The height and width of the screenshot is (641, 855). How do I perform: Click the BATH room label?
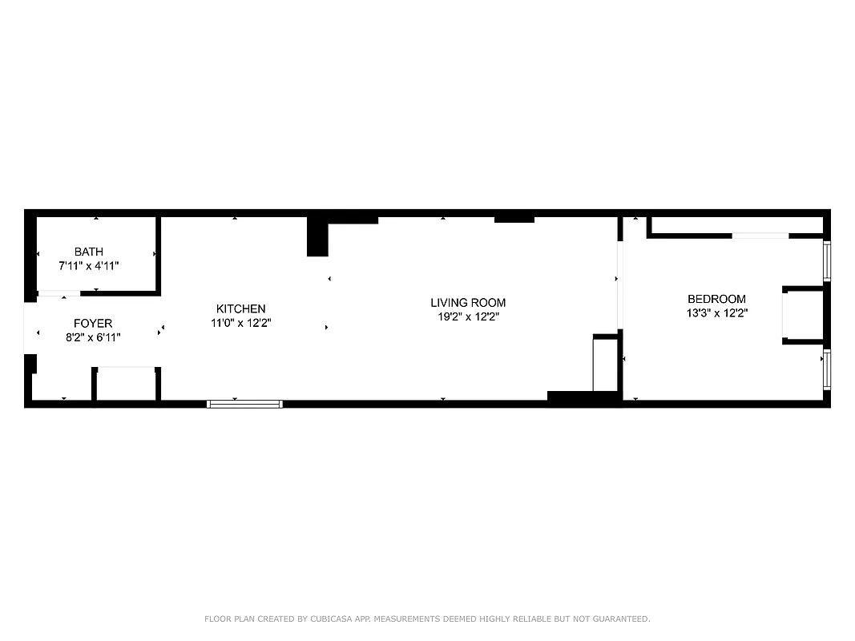pyautogui.click(x=88, y=252)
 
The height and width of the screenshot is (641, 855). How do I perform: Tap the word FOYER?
pyautogui.click(x=93, y=324)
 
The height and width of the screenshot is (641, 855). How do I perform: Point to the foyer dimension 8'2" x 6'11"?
pyautogui.click(x=93, y=337)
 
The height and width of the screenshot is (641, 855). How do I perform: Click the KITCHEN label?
pyautogui.click(x=240, y=309)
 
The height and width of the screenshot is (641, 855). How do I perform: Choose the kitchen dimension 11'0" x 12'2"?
pyautogui.click(x=240, y=323)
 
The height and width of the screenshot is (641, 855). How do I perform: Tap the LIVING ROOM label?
pyautogui.click(x=468, y=303)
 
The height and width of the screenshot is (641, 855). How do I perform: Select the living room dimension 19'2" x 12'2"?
pyautogui.click(x=468, y=316)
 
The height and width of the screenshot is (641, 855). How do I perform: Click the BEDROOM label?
pyautogui.click(x=716, y=300)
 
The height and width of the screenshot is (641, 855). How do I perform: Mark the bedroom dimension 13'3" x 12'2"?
pyautogui.click(x=716, y=313)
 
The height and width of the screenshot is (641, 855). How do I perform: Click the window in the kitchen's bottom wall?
pyautogui.click(x=245, y=404)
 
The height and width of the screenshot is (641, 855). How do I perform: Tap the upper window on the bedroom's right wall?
pyautogui.click(x=827, y=260)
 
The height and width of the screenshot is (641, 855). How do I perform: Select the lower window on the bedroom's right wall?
pyautogui.click(x=827, y=369)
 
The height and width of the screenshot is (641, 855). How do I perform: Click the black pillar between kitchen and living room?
pyautogui.click(x=318, y=237)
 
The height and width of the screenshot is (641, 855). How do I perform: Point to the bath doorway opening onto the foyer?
pyautogui.click(x=59, y=294)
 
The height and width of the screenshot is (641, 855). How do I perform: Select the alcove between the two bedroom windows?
pyautogui.click(x=804, y=315)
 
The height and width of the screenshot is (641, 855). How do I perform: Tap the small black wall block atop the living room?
pyautogui.click(x=514, y=219)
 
